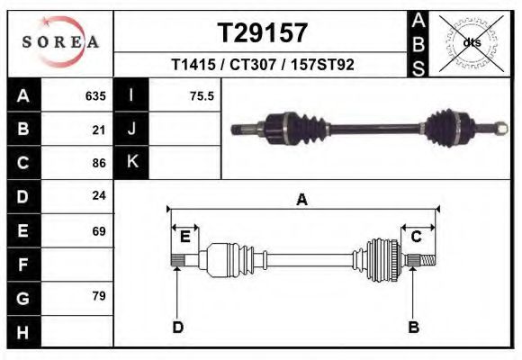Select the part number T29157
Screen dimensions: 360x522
(263, 33)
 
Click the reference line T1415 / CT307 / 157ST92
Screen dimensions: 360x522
(263, 66)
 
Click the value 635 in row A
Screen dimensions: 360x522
(95, 96)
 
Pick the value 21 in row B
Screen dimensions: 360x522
(99, 130)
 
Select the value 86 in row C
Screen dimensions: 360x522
(99, 163)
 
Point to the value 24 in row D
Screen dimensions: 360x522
(99, 197)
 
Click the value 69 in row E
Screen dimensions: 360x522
(99, 230)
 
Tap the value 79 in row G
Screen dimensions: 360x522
(99, 296)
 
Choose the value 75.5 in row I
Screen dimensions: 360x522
(202, 96)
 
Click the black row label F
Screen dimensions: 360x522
(22, 264)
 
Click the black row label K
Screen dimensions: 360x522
(131, 163)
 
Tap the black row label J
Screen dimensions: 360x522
(131, 130)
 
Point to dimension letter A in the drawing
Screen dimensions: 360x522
(302, 201)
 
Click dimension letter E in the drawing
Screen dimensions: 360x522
(184, 236)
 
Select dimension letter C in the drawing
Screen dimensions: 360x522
(416, 236)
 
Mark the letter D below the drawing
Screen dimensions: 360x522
(177, 327)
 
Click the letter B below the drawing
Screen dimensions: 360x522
(413, 327)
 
